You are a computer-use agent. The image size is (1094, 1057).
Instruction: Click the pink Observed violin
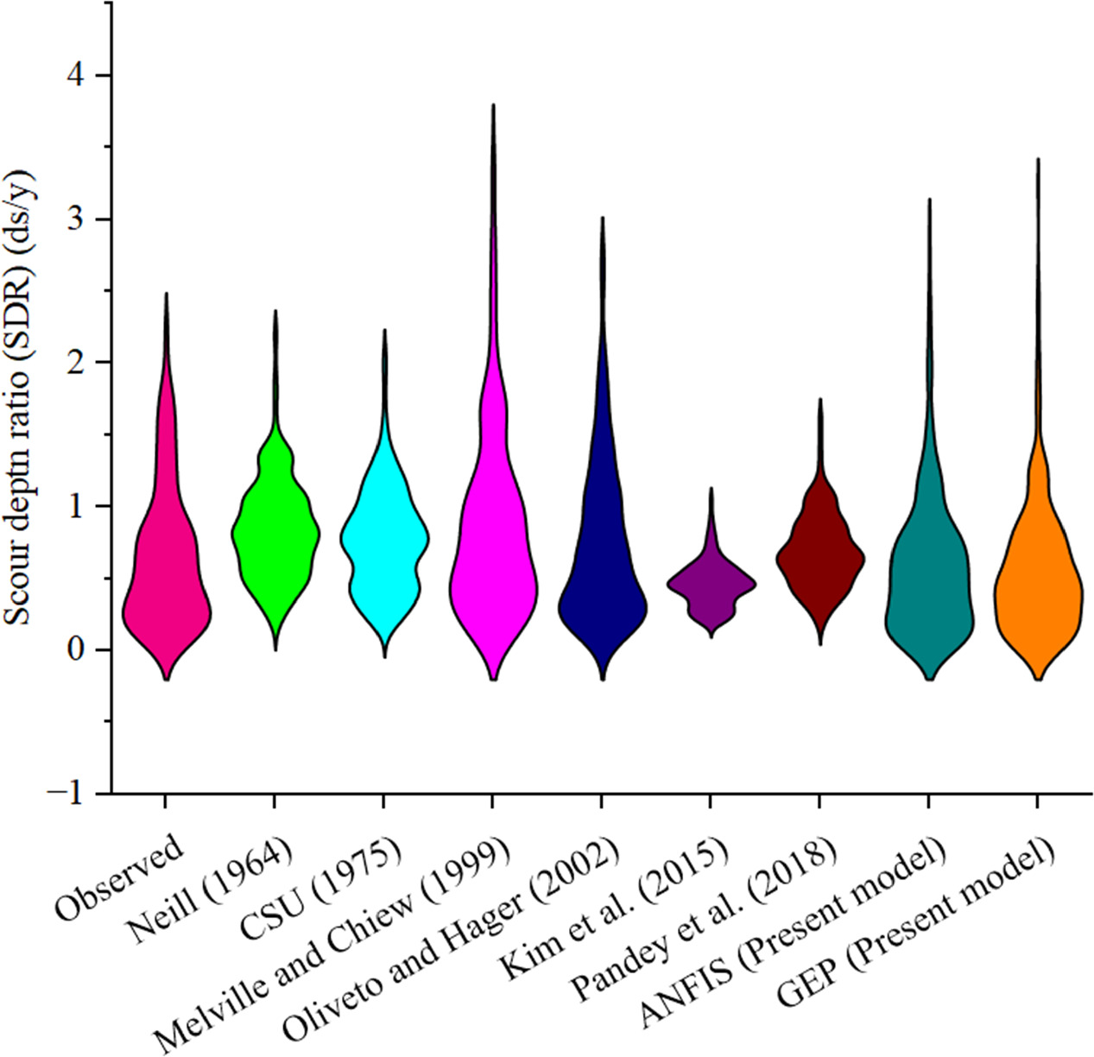(x=166, y=587)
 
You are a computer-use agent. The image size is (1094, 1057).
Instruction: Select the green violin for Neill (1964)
(x=275, y=535)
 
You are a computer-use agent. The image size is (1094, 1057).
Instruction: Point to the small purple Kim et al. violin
(x=711, y=585)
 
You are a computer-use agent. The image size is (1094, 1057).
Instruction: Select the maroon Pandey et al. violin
(x=819, y=557)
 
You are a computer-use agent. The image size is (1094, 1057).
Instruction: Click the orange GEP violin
(x=1037, y=587)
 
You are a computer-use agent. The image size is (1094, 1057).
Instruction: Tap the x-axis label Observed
(x=120, y=876)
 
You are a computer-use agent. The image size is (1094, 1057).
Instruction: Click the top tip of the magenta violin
(x=493, y=107)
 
